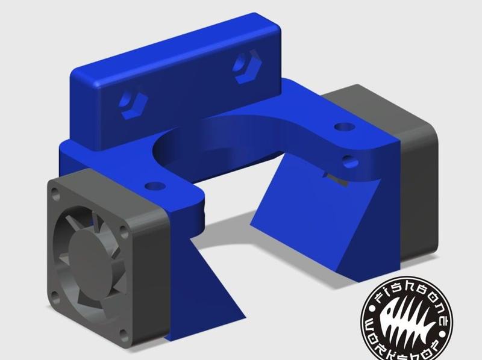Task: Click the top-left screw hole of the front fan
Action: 55,194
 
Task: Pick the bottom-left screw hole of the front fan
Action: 55,294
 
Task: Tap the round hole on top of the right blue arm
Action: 343,128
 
